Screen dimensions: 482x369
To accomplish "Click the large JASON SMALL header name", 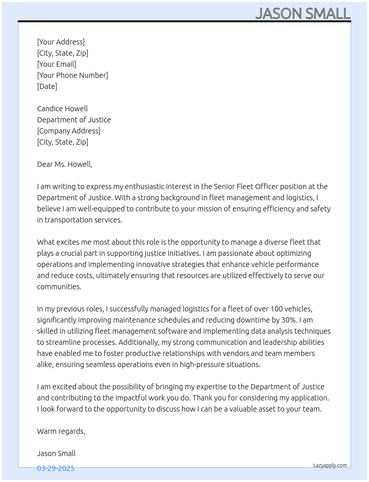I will point(303,14).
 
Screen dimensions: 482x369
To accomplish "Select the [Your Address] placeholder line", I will point(61,42).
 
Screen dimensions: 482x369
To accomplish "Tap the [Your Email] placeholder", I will point(57,64).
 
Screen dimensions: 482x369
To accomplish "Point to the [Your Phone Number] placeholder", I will point(73,75).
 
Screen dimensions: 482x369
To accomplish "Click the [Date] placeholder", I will point(47,86).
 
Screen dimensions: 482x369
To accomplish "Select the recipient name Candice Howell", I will point(62,109).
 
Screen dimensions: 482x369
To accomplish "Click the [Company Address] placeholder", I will point(69,131).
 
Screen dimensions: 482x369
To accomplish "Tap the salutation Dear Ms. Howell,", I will point(64,164).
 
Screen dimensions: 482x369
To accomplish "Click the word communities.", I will point(59,287).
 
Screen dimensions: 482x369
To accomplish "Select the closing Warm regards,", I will point(61,431).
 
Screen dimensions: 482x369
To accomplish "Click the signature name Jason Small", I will point(56,453).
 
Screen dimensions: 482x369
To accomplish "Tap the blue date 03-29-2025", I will point(56,468).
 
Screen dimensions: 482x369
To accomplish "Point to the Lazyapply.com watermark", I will point(330,465).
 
